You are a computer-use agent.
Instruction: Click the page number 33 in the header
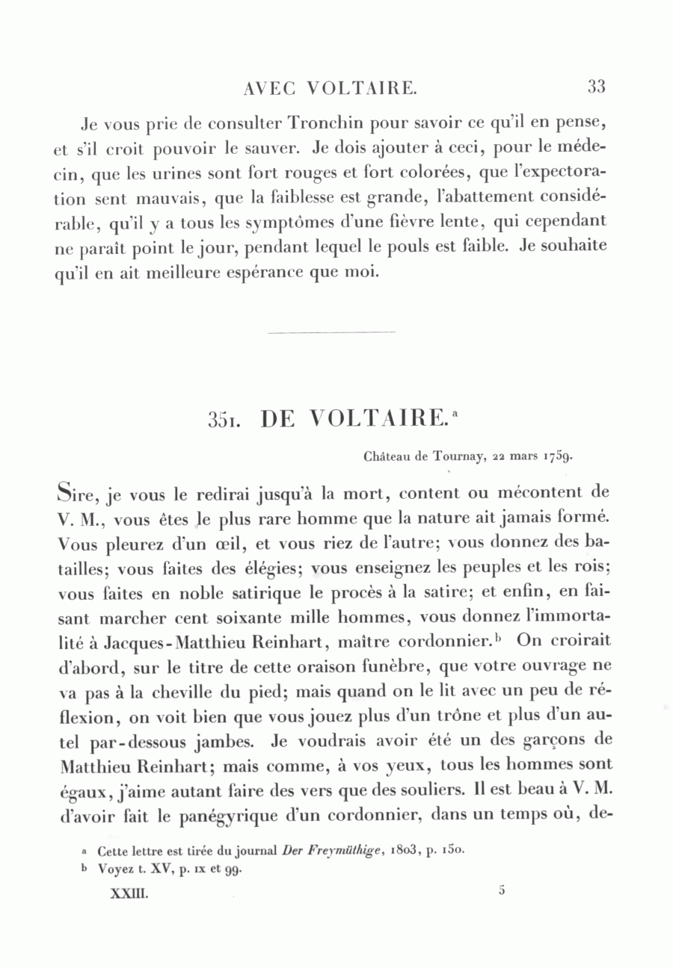coord(596,87)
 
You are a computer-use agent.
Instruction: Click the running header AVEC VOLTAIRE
coord(330,88)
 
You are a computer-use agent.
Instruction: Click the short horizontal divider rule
coord(330,332)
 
